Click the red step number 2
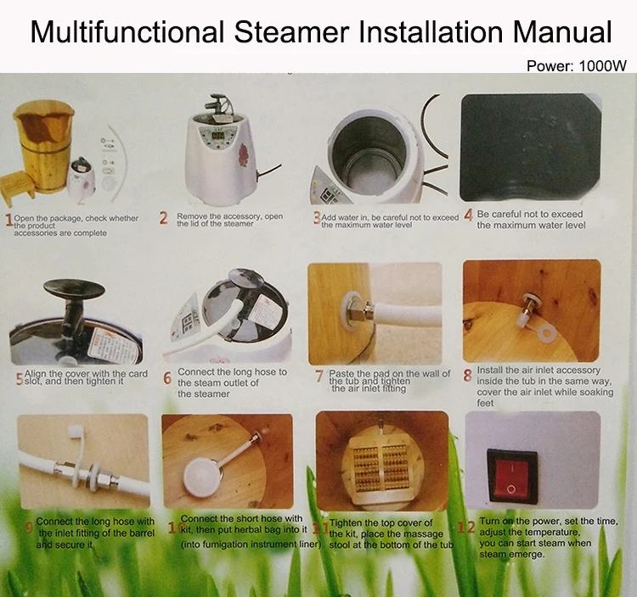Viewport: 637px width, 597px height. tap(163, 218)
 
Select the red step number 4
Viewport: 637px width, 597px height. tap(468, 215)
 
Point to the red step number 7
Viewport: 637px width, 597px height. tap(319, 376)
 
